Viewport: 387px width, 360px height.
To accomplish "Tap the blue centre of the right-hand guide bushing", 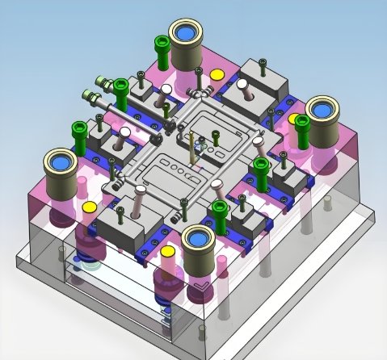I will [325, 109].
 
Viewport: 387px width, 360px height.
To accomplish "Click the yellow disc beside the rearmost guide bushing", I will [217, 75].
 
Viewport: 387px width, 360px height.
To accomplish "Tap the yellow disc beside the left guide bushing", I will [88, 207].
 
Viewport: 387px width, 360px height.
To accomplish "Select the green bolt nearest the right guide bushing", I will [302, 123].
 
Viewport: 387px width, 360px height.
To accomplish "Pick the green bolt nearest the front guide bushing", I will [218, 211].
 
